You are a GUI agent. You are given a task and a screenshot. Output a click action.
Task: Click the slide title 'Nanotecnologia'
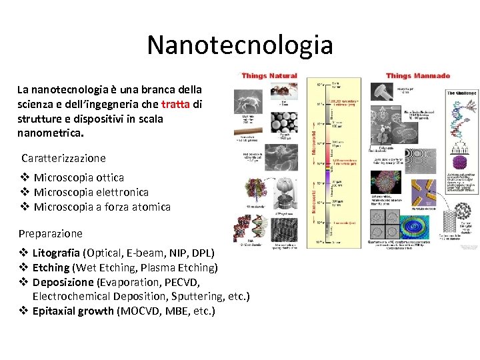coord(239,45)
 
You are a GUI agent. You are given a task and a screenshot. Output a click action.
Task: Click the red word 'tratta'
coord(177,104)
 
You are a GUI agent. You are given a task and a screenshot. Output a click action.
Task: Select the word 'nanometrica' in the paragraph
coord(51,133)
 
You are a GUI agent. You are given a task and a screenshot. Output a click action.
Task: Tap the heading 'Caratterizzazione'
coord(63,158)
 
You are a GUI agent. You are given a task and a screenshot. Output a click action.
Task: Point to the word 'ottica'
coord(109,177)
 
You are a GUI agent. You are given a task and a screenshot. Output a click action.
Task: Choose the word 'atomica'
coord(150,207)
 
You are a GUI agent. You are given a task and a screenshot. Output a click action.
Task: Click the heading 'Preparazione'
coord(51,233)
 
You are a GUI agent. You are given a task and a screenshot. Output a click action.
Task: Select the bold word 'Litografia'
coord(56,253)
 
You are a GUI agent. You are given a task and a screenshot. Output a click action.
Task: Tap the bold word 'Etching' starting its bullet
coord(51,268)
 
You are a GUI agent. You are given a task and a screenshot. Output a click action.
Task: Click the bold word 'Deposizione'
coord(63,282)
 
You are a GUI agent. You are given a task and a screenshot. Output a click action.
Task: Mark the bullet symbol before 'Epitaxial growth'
coord(23,311)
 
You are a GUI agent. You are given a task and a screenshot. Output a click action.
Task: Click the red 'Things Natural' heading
coord(269,76)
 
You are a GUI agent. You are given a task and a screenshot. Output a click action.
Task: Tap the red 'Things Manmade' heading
coord(418,76)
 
